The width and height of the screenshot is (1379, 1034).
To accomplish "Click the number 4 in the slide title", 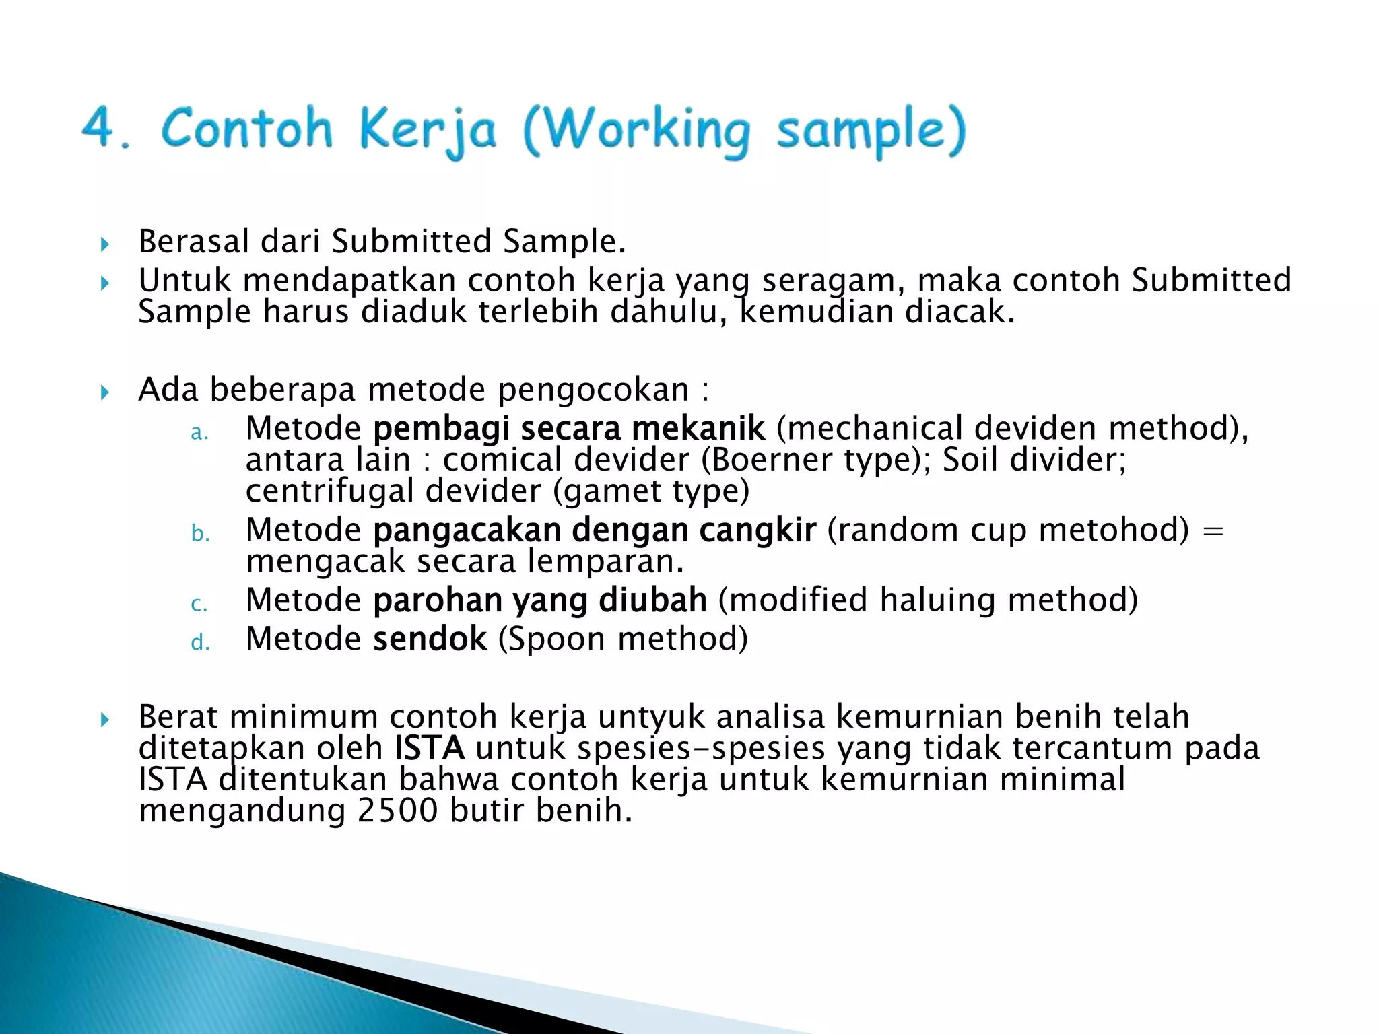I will click(100, 127).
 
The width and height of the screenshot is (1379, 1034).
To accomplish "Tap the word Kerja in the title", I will click(428, 130).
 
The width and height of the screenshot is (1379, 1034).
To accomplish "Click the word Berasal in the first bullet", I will click(194, 242).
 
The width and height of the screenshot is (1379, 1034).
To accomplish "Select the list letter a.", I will click(199, 432).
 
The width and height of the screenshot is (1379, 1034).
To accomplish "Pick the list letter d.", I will click(200, 642).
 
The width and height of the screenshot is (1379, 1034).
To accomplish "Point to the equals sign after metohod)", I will click(1212, 530).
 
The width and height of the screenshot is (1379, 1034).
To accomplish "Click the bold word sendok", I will click(430, 639).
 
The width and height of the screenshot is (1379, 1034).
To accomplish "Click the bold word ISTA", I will click(429, 749).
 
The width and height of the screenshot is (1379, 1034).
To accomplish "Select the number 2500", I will click(397, 811).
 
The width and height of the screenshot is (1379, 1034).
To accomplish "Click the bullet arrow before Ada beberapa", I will click(104, 392).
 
